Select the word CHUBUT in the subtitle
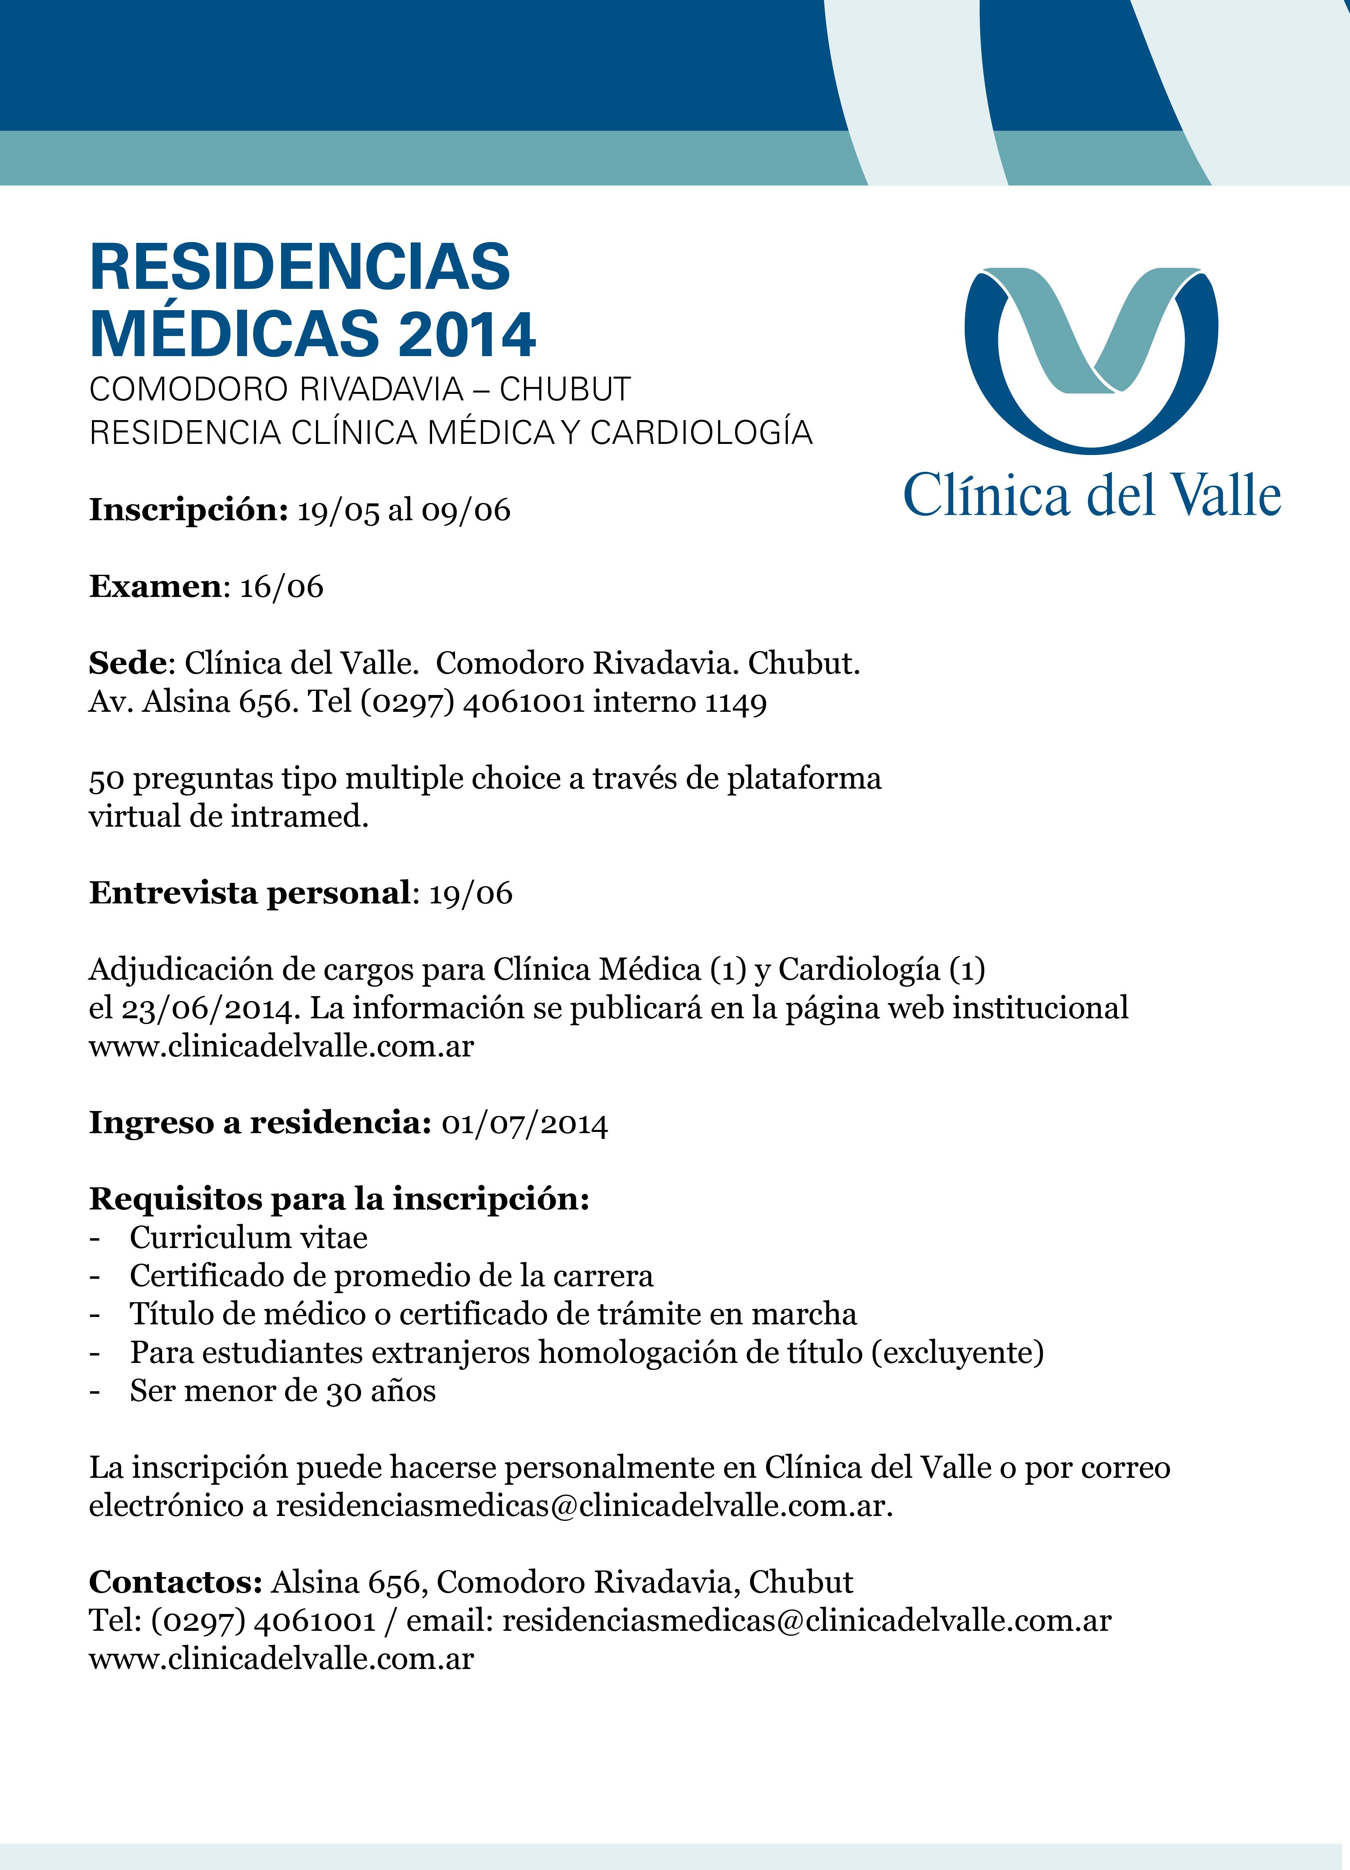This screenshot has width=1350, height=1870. point(565,389)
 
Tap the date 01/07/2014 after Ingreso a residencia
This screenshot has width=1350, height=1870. point(524,1124)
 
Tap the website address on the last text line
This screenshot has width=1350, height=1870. point(281,1658)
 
